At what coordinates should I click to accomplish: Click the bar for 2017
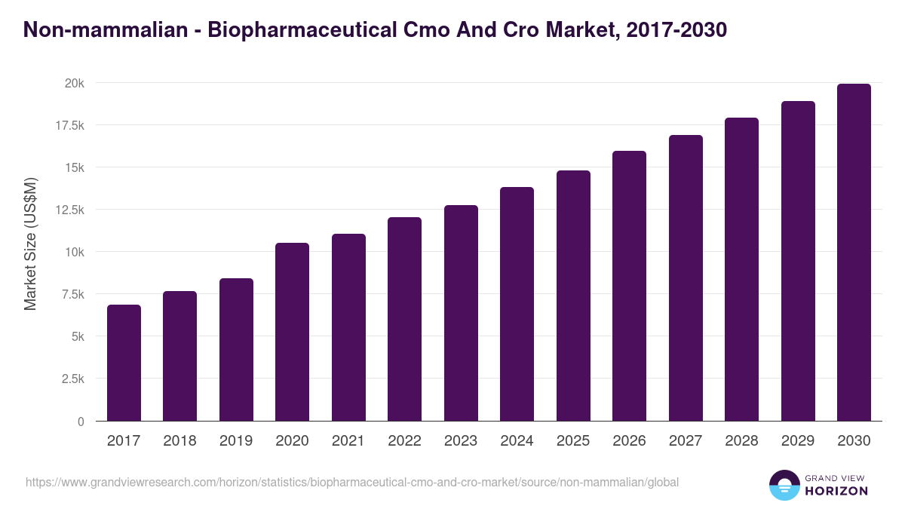[124, 363]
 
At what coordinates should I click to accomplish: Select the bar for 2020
[292, 332]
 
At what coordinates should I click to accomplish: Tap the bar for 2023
[461, 313]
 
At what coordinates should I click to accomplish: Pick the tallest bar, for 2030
[854, 253]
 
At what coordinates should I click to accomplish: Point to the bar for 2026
[629, 286]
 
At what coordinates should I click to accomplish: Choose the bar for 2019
[236, 350]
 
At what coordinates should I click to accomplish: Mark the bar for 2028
[741, 269]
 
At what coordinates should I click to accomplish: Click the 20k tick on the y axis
[74, 83]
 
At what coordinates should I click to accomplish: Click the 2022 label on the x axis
[404, 441]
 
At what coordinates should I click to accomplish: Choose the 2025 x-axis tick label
[573, 441]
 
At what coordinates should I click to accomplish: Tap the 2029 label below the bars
[798, 441]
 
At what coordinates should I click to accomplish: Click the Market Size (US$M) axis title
[30, 244]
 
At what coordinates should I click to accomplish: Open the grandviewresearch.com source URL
[352, 482]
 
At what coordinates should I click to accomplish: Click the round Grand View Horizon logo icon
[784, 485]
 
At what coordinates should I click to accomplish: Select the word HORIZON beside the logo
[837, 491]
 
